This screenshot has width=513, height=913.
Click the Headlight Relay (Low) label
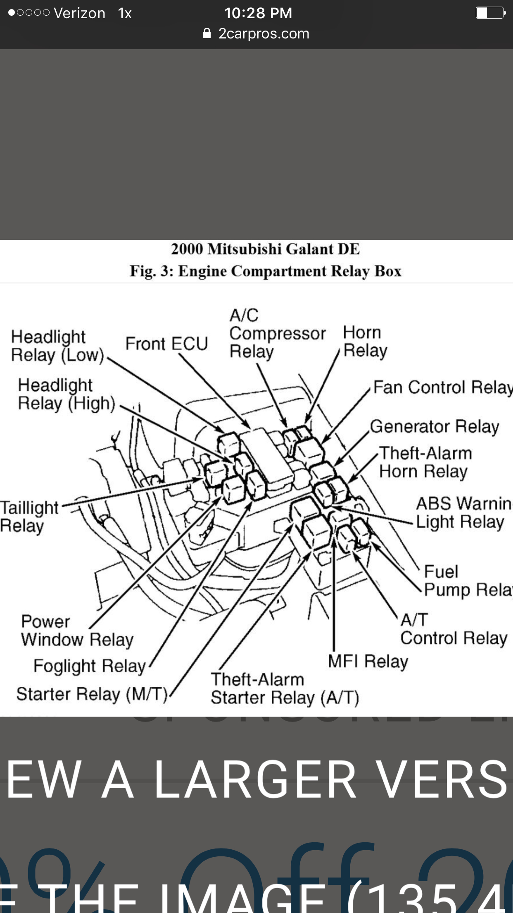(x=57, y=346)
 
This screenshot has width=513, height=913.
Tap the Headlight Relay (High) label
(x=66, y=394)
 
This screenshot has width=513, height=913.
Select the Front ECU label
(x=166, y=344)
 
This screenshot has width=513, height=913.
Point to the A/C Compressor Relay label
(x=277, y=333)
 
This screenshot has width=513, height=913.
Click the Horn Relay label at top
(x=365, y=342)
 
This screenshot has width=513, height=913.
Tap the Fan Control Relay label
(x=442, y=387)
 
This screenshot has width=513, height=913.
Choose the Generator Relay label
(x=435, y=426)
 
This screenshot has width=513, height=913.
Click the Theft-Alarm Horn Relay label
(x=425, y=462)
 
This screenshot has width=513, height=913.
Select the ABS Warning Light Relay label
(x=463, y=513)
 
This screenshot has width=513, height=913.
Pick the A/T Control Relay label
(x=454, y=629)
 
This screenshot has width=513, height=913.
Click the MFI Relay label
(x=368, y=661)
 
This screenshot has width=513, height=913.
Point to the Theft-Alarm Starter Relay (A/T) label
(x=285, y=688)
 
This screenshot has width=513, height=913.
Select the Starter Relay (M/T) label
(x=92, y=694)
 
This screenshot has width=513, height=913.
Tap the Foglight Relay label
(x=90, y=666)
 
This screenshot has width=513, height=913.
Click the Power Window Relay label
(x=77, y=631)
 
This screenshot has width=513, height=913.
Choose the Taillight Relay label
(x=29, y=517)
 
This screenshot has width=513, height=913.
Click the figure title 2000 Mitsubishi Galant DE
(x=265, y=249)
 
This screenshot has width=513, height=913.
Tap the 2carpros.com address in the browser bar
(x=264, y=33)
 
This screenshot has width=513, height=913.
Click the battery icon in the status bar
(x=490, y=13)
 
